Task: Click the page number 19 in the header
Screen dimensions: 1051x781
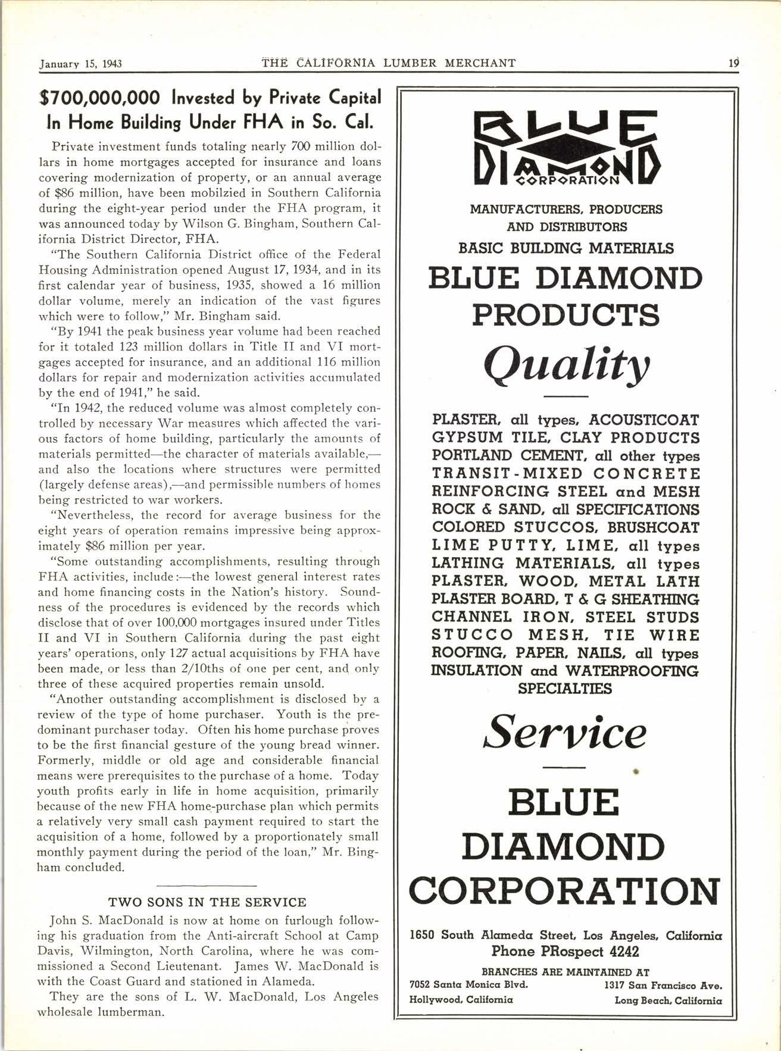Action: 733,62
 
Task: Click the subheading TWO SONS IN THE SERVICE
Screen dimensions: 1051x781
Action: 207,902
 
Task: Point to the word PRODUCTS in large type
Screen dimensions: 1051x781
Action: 566,315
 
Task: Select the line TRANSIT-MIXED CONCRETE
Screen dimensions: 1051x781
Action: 566,474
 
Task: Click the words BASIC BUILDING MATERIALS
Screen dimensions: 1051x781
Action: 566,248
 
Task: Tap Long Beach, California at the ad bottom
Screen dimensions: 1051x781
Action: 668,1000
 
